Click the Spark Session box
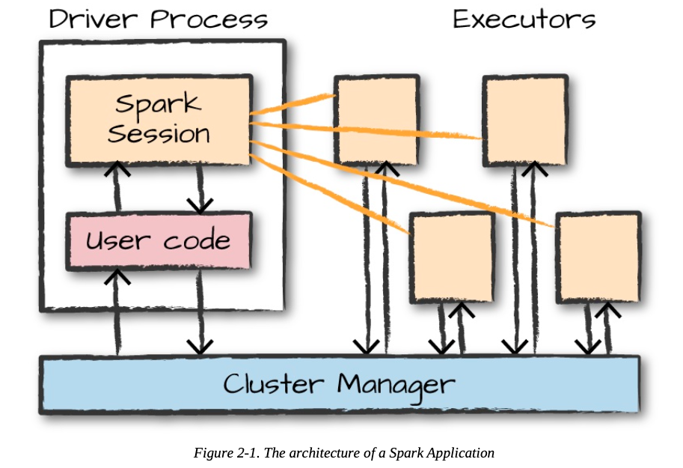158,120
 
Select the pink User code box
158,241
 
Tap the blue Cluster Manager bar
340,385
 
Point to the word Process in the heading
208,19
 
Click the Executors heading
524,19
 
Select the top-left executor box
376,120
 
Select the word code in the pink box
199,241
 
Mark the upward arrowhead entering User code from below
117,277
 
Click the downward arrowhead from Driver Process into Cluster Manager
200,346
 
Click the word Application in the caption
463,453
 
